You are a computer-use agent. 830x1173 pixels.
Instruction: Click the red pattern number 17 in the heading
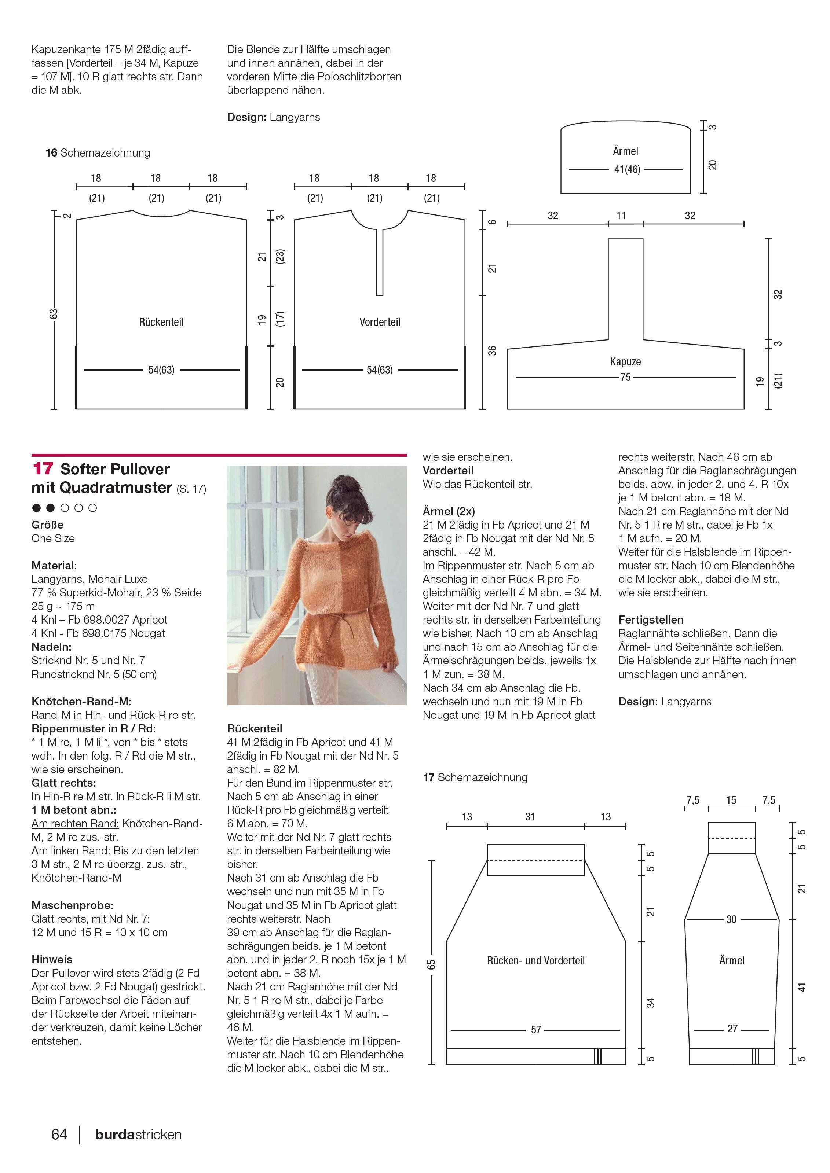click(43, 469)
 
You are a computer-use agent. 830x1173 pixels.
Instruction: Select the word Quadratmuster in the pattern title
click(116, 488)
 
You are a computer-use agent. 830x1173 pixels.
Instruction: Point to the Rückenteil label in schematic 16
click(161, 322)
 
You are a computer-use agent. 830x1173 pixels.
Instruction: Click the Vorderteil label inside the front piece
click(380, 322)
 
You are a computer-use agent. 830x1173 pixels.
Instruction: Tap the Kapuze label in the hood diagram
click(625, 362)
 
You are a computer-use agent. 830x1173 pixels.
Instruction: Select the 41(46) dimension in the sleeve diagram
click(626, 169)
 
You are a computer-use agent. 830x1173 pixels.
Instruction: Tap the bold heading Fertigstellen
click(651, 620)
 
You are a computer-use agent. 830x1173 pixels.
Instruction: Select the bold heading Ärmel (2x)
click(449, 511)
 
